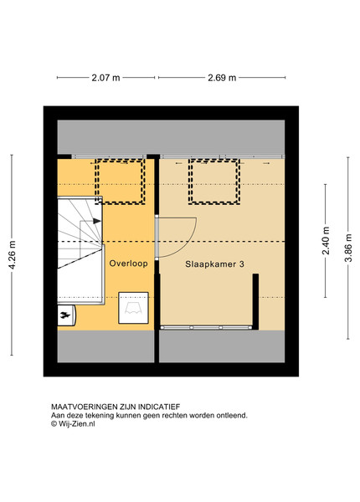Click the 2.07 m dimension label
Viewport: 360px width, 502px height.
(105, 78)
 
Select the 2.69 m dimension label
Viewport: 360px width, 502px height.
(222, 78)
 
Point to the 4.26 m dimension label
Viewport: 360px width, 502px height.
(12, 255)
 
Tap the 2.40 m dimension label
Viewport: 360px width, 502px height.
(326, 240)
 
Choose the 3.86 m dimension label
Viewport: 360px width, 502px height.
(348, 248)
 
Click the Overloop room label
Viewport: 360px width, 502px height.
(128, 264)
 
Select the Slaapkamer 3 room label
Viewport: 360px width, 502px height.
(214, 264)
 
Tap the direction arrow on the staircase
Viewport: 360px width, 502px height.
(97, 221)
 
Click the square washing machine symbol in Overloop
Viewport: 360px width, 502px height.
(133, 308)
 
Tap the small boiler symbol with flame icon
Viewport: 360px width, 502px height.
(66, 315)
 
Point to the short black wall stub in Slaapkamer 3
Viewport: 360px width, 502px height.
(255, 301)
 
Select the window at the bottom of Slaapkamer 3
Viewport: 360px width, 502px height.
(205, 328)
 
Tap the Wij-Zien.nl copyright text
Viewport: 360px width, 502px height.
(73, 423)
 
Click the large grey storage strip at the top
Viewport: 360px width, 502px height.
(171, 137)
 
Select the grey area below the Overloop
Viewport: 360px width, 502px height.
(105, 346)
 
